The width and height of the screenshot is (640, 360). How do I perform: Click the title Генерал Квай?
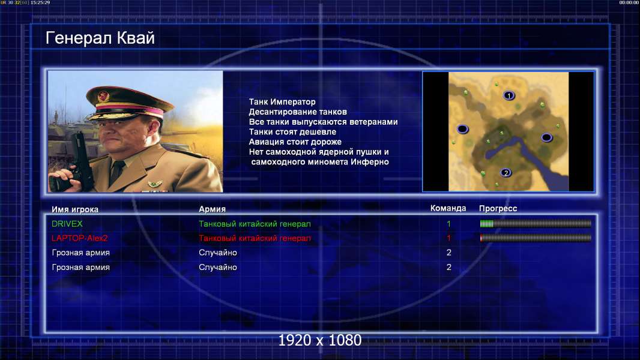(x=100, y=38)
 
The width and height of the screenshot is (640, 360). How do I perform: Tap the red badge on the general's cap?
(x=103, y=97)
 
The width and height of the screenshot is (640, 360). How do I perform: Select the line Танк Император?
(x=282, y=102)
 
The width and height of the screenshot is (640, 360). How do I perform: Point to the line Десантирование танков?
(x=298, y=112)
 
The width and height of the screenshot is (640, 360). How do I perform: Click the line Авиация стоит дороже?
(x=295, y=142)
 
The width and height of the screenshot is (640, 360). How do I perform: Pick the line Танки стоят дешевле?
(x=292, y=131)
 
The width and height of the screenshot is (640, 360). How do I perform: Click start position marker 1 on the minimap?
(x=509, y=95)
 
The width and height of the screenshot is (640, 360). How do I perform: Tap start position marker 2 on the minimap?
(x=506, y=173)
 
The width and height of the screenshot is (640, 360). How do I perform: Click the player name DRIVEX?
(x=67, y=224)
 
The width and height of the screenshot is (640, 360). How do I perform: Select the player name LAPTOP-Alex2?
(x=79, y=238)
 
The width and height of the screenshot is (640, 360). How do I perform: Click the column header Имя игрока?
(x=74, y=209)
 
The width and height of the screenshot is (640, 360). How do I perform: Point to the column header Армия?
(x=213, y=209)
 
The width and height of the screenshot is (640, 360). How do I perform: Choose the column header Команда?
(x=448, y=208)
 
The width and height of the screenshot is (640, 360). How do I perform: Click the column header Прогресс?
(x=498, y=208)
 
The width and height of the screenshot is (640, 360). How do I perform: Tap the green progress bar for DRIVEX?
(x=486, y=223)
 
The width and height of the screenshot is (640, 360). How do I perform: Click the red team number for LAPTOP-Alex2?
(x=448, y=238)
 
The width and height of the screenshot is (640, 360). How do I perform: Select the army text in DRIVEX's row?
(x=255, y=224)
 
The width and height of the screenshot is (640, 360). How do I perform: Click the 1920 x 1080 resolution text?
(x=319, y=340)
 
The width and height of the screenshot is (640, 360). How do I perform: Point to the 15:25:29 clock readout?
(x=40, y=2)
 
